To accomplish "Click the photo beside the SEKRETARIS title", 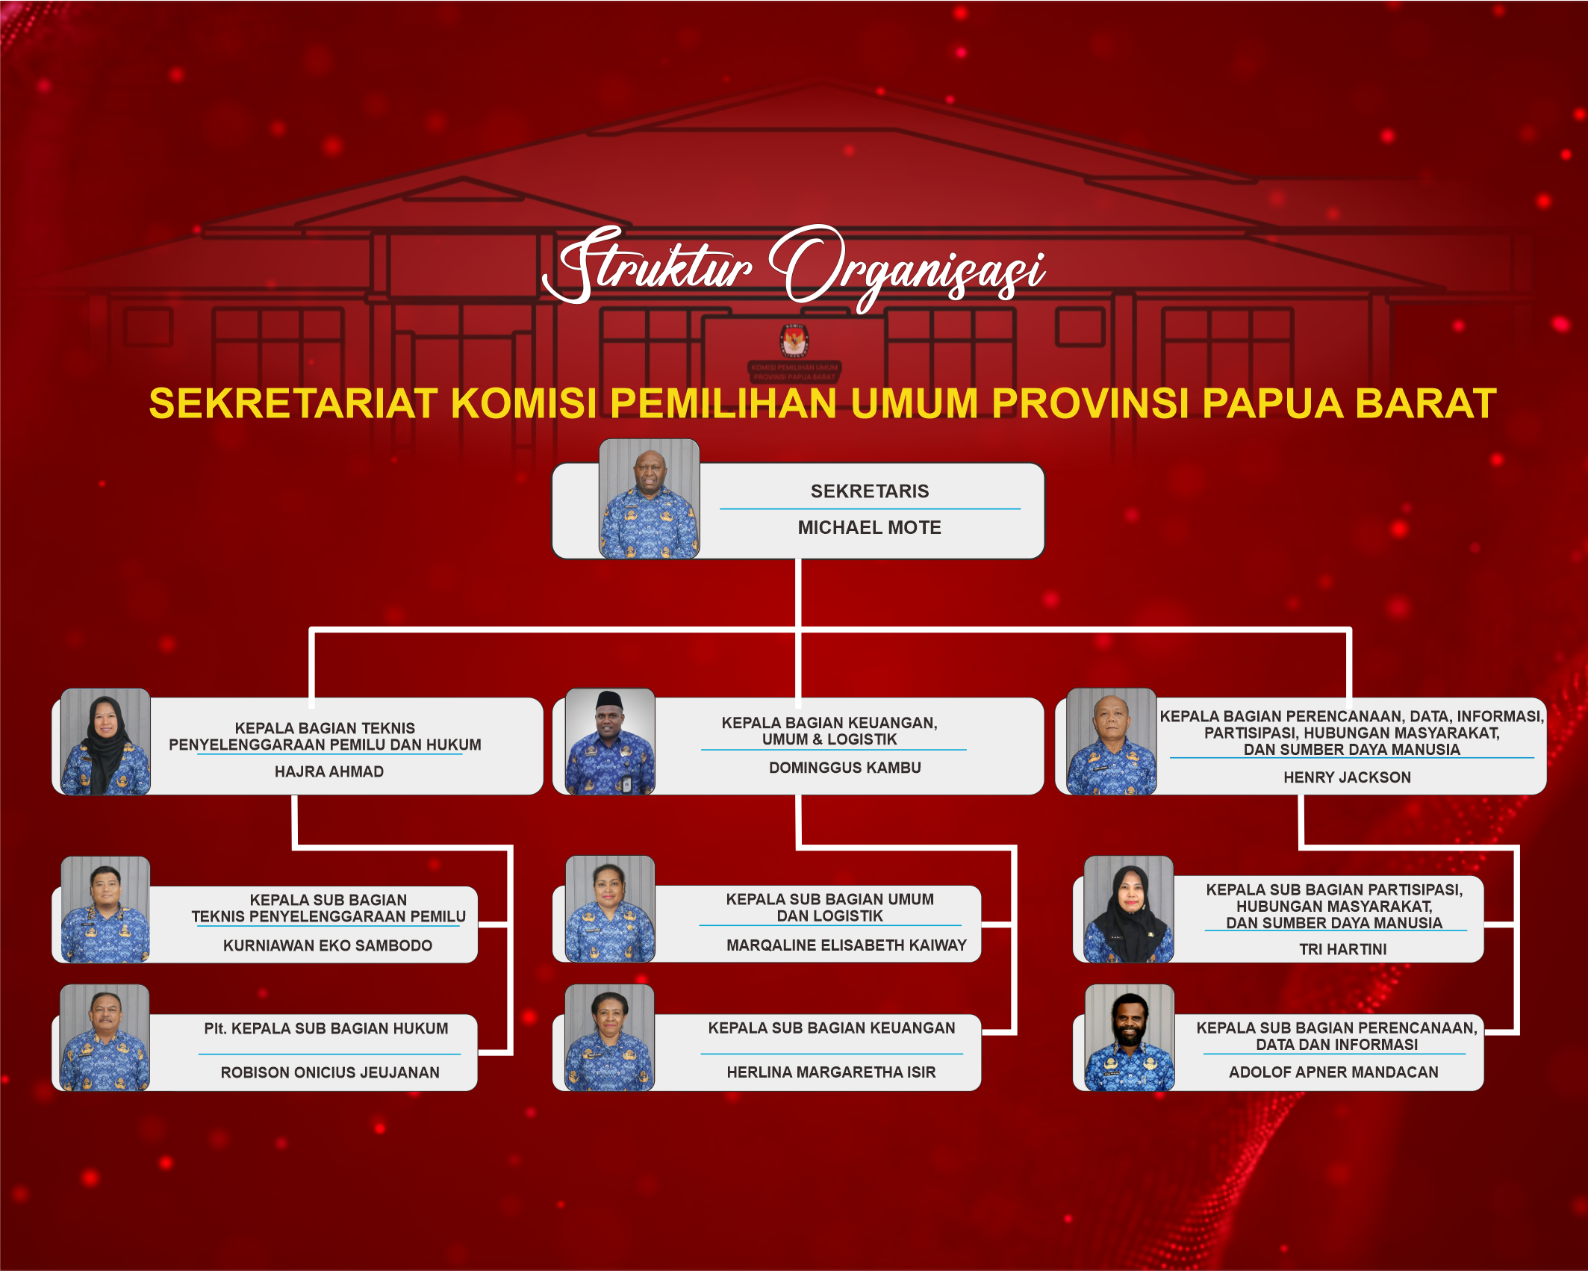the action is pyautogui.click(x=649, y=498).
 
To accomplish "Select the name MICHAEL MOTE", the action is pyautogui.click(x=870, y=528).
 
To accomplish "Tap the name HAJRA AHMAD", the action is pyautogui.click(x=329, y=771).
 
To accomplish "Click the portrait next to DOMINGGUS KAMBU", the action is pyautogui.click(x=610, y=742).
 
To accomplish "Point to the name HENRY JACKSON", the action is pyautogui.click(x=1348, y=777).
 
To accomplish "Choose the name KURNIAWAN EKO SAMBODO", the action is pyautogui.click(x=328, y=945).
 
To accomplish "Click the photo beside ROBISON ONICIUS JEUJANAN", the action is pyautogui.click(x=105, y=1038).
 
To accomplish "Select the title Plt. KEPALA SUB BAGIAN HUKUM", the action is pyautogui.click(x=326, y=1028).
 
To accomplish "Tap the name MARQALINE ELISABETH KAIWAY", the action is pyautogui.click(x=847, y=945).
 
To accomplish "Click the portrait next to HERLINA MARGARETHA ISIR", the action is pyautogui.click(x=610, y=1038).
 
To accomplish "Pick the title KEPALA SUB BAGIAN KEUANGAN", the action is pyautogui.click(x=832, y=1028).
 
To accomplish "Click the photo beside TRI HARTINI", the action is pyautogui.click(x=1129, y=910).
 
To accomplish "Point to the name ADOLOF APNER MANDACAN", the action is pyautogui.click(x=1334, y=1072).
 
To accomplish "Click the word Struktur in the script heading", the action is pyautogui.click(x=648, y=265).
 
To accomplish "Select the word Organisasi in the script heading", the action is pyautogui.click(x=907, y=269).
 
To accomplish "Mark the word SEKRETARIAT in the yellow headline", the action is pyautogui.click(x=293, y=403).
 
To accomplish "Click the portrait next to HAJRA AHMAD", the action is pyautogui.click(x=105, y=742).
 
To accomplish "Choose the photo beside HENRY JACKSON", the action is pyautogui.click(x=1112, y=742).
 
